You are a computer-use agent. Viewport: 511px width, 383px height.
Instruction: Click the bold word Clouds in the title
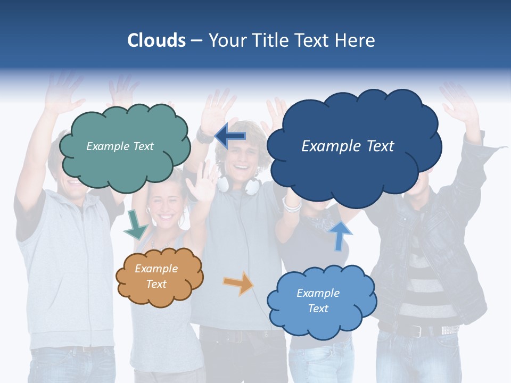pyautogui.click(x=156, y=40)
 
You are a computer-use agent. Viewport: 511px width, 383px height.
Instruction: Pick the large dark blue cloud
pyautogui.click(x=353, y=170)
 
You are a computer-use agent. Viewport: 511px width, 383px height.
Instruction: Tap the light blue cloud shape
pyautogui.click(x=322, y=319)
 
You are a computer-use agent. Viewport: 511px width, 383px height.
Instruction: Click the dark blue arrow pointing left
pyautogui.click(x=230, y=136)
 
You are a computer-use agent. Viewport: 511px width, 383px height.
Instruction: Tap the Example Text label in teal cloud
pyautogui.click(x=120, y=146)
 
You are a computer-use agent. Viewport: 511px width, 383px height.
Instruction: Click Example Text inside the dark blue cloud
pyautogui.click(x=348, y=146)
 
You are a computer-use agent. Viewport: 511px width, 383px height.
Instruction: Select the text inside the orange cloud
pyautogui.click(x=156, y=276)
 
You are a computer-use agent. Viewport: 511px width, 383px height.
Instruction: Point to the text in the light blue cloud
pyautogui.click(x=318, y=301)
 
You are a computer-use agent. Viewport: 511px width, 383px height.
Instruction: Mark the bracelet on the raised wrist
pyautogui.click(x=292, y=204)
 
